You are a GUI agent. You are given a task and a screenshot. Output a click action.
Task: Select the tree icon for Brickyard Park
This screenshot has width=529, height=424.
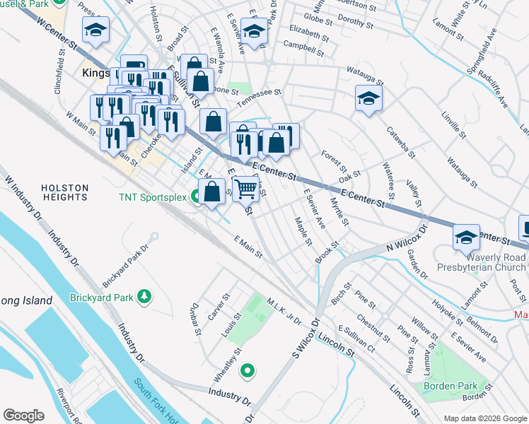(x=144, y=295)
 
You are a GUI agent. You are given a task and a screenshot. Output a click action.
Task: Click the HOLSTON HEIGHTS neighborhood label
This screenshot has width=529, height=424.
(x=64, y=193)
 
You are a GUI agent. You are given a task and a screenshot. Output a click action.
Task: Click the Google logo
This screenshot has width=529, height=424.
(x=23, y=416)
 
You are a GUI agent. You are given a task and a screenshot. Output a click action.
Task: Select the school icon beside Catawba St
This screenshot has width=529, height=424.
(x=368, y=99)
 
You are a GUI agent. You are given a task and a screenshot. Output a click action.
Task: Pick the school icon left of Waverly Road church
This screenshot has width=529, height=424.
(x=465, y=236)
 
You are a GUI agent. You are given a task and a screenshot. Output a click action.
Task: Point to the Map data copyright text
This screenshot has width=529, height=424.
(x=484, y=418)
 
